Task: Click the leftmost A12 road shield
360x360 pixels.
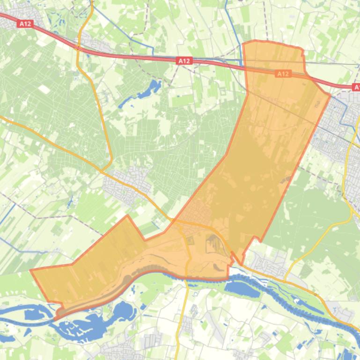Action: coord(26,23)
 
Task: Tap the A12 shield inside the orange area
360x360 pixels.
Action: coord(283,74)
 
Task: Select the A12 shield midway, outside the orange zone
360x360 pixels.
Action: coord(184,61)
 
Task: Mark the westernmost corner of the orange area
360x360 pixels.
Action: coord(31,270)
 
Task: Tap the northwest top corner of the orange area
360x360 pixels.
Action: coord(244,43)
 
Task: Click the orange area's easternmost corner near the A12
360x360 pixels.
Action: coord(330,96)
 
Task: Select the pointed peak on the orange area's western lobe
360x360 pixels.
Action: coord(127,216)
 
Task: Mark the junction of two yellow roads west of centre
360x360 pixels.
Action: coord(104,170)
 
